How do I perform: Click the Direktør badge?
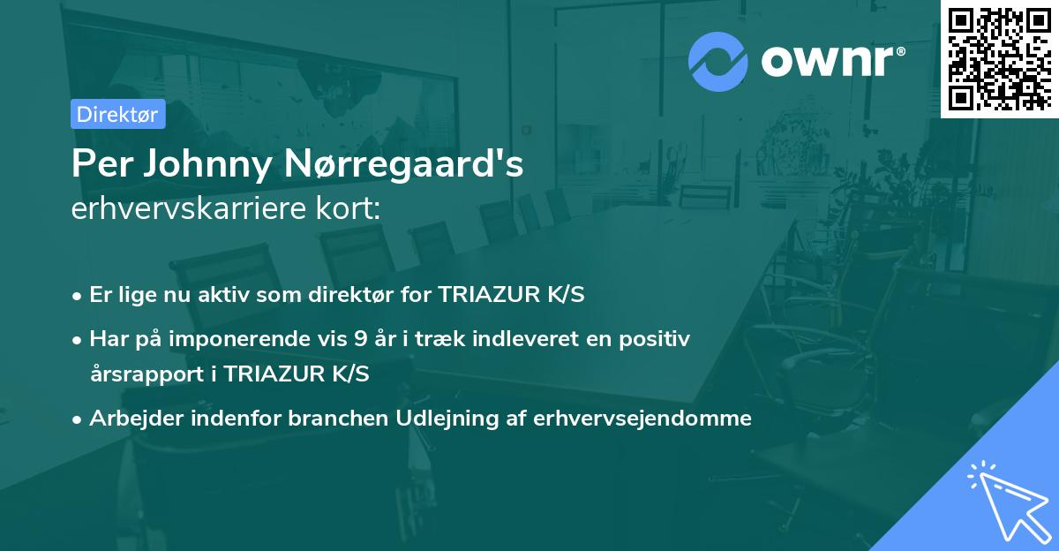pos(117,114)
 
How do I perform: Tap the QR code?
pos(1000,59)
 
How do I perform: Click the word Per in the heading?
pos(102,164)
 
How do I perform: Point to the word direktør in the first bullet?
pos(359,295)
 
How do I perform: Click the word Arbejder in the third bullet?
pos(130,419)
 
